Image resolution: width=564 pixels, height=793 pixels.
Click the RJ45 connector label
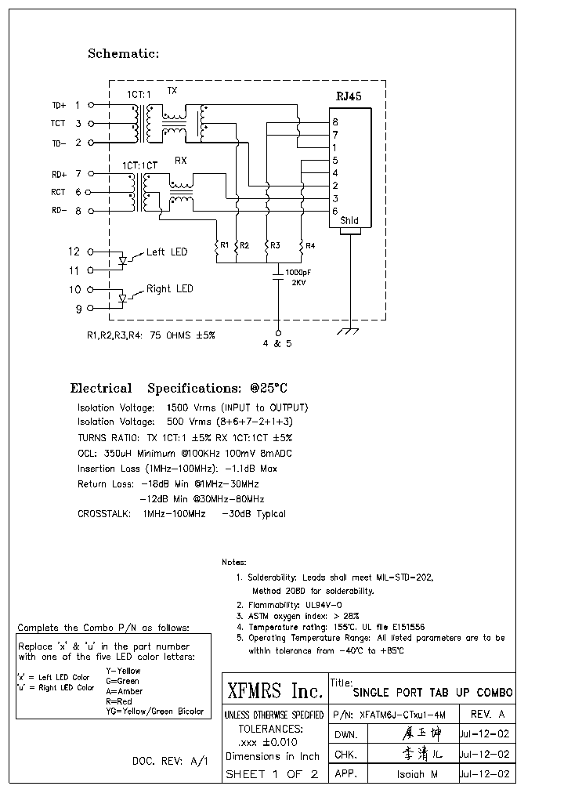[349, 96]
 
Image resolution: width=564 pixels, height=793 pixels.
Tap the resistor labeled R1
[217, 249]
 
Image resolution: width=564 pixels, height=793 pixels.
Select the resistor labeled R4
[302, 249]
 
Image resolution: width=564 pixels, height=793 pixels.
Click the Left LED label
[167, 252]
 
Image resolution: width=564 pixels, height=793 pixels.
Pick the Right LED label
[170, 289]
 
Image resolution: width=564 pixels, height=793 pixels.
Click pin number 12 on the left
[74, 252]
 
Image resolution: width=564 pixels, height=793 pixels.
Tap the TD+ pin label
[60, 105]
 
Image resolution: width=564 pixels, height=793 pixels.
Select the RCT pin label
[59, 192]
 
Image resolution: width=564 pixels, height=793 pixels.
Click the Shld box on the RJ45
[350, 221]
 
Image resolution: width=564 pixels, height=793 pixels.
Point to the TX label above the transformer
[172, 91]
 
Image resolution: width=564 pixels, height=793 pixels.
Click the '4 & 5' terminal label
[278, 343]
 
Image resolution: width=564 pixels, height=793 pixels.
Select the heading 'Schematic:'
[123, 54]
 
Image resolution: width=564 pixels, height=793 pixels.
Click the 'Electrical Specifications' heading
[180, 388]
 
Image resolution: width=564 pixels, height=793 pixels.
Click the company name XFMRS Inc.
[274, 691]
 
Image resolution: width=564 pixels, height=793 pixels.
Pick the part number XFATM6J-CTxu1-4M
[403, 715]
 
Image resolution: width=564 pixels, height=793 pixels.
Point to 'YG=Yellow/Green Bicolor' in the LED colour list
[154, 712]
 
